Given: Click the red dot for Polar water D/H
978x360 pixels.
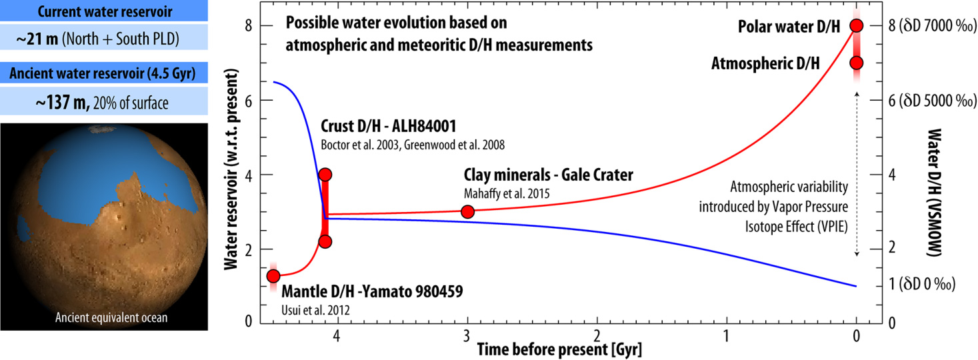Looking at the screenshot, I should tap(857, 26).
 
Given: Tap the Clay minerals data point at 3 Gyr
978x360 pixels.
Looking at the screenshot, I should tap(467, 212).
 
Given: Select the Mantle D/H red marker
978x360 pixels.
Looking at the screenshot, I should tap(273, 276).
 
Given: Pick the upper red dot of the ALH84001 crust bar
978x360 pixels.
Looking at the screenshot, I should tap(325, 175).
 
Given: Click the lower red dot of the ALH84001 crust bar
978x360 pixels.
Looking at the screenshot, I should tap(325, 241).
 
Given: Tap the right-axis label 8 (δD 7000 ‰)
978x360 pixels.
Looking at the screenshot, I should tap(918, 26).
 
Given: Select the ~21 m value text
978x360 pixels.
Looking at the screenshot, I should tap(37, 41).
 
